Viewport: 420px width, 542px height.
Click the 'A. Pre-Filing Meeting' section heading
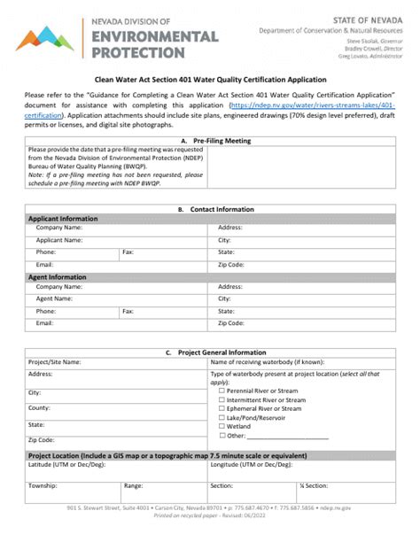pos(209,141)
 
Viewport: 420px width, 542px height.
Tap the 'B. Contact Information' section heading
pos(209,209)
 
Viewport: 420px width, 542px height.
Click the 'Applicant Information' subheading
pos(63,218)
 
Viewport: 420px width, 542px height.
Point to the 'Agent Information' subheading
pos(58,276)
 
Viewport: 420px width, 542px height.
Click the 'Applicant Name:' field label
pos(59,240)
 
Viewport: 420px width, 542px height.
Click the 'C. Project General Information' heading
pos(209,352)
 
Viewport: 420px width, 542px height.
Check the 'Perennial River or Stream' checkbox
pos(222,391)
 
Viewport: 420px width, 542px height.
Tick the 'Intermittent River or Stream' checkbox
pos(222,399)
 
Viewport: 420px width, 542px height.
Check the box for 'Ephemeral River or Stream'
pos(222,408)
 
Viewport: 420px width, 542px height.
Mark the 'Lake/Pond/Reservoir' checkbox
pos(222,417)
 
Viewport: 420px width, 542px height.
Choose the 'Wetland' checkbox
pos(222,426)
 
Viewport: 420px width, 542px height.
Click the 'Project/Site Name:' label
pos(55,362)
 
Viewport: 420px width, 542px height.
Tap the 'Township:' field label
pos(43,485)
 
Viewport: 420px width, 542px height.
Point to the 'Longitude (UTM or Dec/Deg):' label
pos(252,464)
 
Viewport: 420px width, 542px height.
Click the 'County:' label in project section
pos(39,407)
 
